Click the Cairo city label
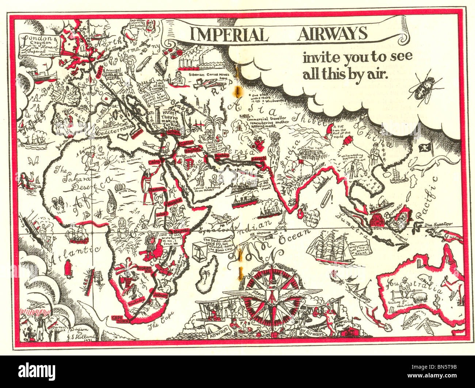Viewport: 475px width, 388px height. tap(152, 161)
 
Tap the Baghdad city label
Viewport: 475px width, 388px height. tap(193, 150)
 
